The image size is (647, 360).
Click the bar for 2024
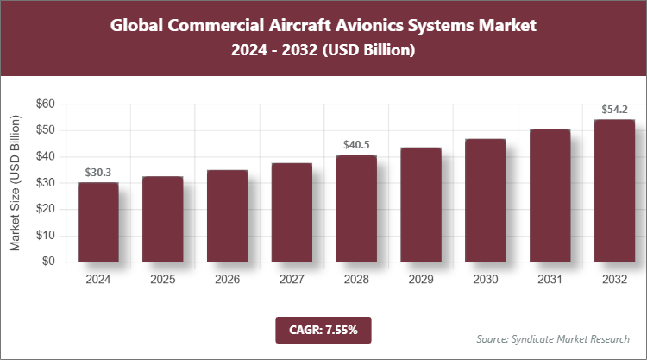(97, 222)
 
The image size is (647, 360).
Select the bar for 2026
(227, 216)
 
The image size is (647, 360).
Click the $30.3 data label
(97, 173)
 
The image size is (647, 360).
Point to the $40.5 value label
(356, 145)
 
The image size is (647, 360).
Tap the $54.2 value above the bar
(615, 110)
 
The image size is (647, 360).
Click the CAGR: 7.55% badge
(323, 329)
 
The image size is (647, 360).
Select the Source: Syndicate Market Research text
(553, 338)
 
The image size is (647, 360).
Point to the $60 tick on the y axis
(45, 104)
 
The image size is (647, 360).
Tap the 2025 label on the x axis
(162, 280)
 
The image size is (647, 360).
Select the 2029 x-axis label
(421, 280)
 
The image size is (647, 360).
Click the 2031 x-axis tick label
(550, 280)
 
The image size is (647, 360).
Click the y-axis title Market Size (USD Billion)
(15, 182)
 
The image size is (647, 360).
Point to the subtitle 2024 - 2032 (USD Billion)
(323, 51)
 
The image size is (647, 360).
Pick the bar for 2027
(292, 212)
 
